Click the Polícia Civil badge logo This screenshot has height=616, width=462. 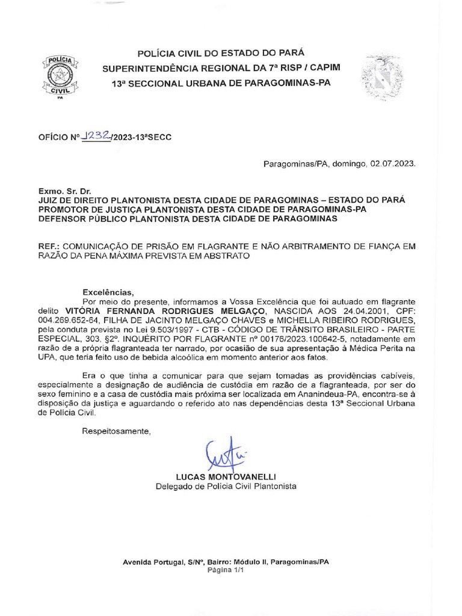click(x=59, y=77)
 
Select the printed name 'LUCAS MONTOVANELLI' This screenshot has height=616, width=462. click(x=226, y=476)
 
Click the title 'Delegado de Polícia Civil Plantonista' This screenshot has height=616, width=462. click(x=226, y=486)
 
